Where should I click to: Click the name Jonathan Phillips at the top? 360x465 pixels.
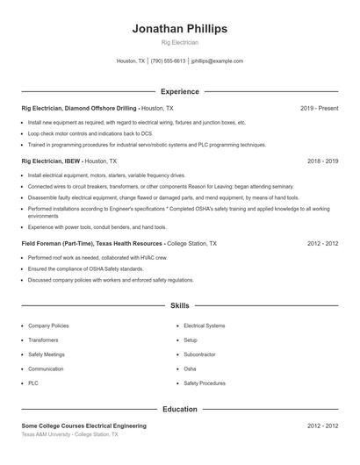(179, 28)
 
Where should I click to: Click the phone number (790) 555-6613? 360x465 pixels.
(168, 61)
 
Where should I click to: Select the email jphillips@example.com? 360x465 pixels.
(217, 61)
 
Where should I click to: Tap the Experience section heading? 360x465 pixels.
(179, 91)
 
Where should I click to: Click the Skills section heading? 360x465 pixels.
(179, 306)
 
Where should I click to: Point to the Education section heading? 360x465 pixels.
(179, 409)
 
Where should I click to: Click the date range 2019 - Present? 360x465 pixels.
(319, 108)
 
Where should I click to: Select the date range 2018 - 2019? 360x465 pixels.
(322, 161)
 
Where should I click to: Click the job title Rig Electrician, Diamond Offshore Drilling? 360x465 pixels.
(79, 108)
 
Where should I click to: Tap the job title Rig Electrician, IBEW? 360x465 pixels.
(51, 161)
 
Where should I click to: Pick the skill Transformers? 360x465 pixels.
(43, 340)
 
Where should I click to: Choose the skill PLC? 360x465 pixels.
(33, 383)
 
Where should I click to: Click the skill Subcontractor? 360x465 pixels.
(201, 354)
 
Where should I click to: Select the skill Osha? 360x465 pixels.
(190, 368)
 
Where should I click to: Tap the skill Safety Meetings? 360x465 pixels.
(47, 354)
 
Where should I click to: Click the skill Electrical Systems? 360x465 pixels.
(205, 325)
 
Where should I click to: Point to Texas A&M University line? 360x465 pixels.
(69, 434)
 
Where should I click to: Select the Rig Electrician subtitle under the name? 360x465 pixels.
(179, 42)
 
